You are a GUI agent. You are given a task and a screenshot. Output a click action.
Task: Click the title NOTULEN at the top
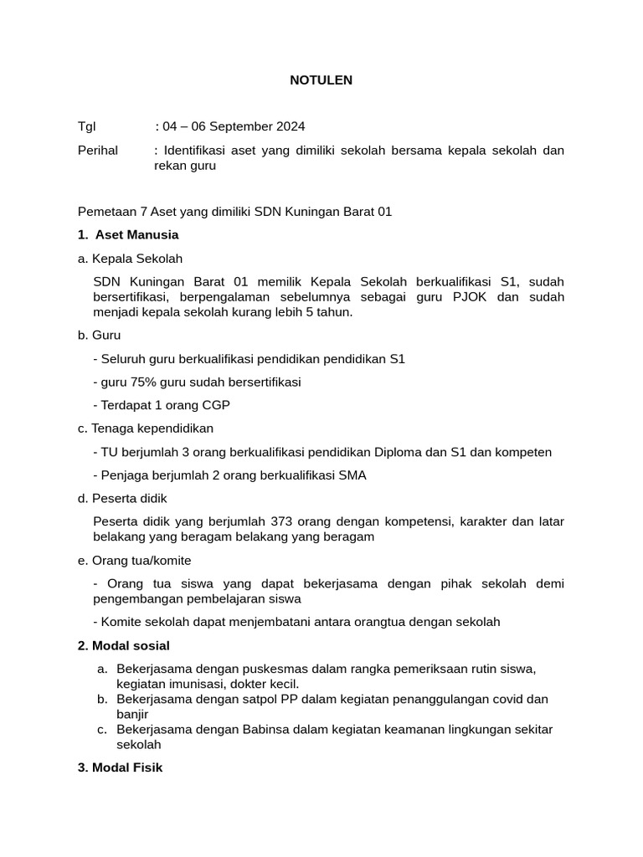pos(321,80)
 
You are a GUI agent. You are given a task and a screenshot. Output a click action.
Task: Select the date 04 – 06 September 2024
pos(234,126)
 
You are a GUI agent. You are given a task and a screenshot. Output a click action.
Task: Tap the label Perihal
pos(98,150)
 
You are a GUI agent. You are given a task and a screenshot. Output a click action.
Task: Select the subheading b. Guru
pos(99,335)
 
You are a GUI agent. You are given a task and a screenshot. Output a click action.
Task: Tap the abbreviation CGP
pos(215,405)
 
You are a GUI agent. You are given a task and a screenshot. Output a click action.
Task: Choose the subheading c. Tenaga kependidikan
pos(146,428)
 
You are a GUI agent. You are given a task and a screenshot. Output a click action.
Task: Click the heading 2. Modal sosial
pos(123,645)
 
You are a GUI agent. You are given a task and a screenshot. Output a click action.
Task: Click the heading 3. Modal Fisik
pos(120,767)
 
